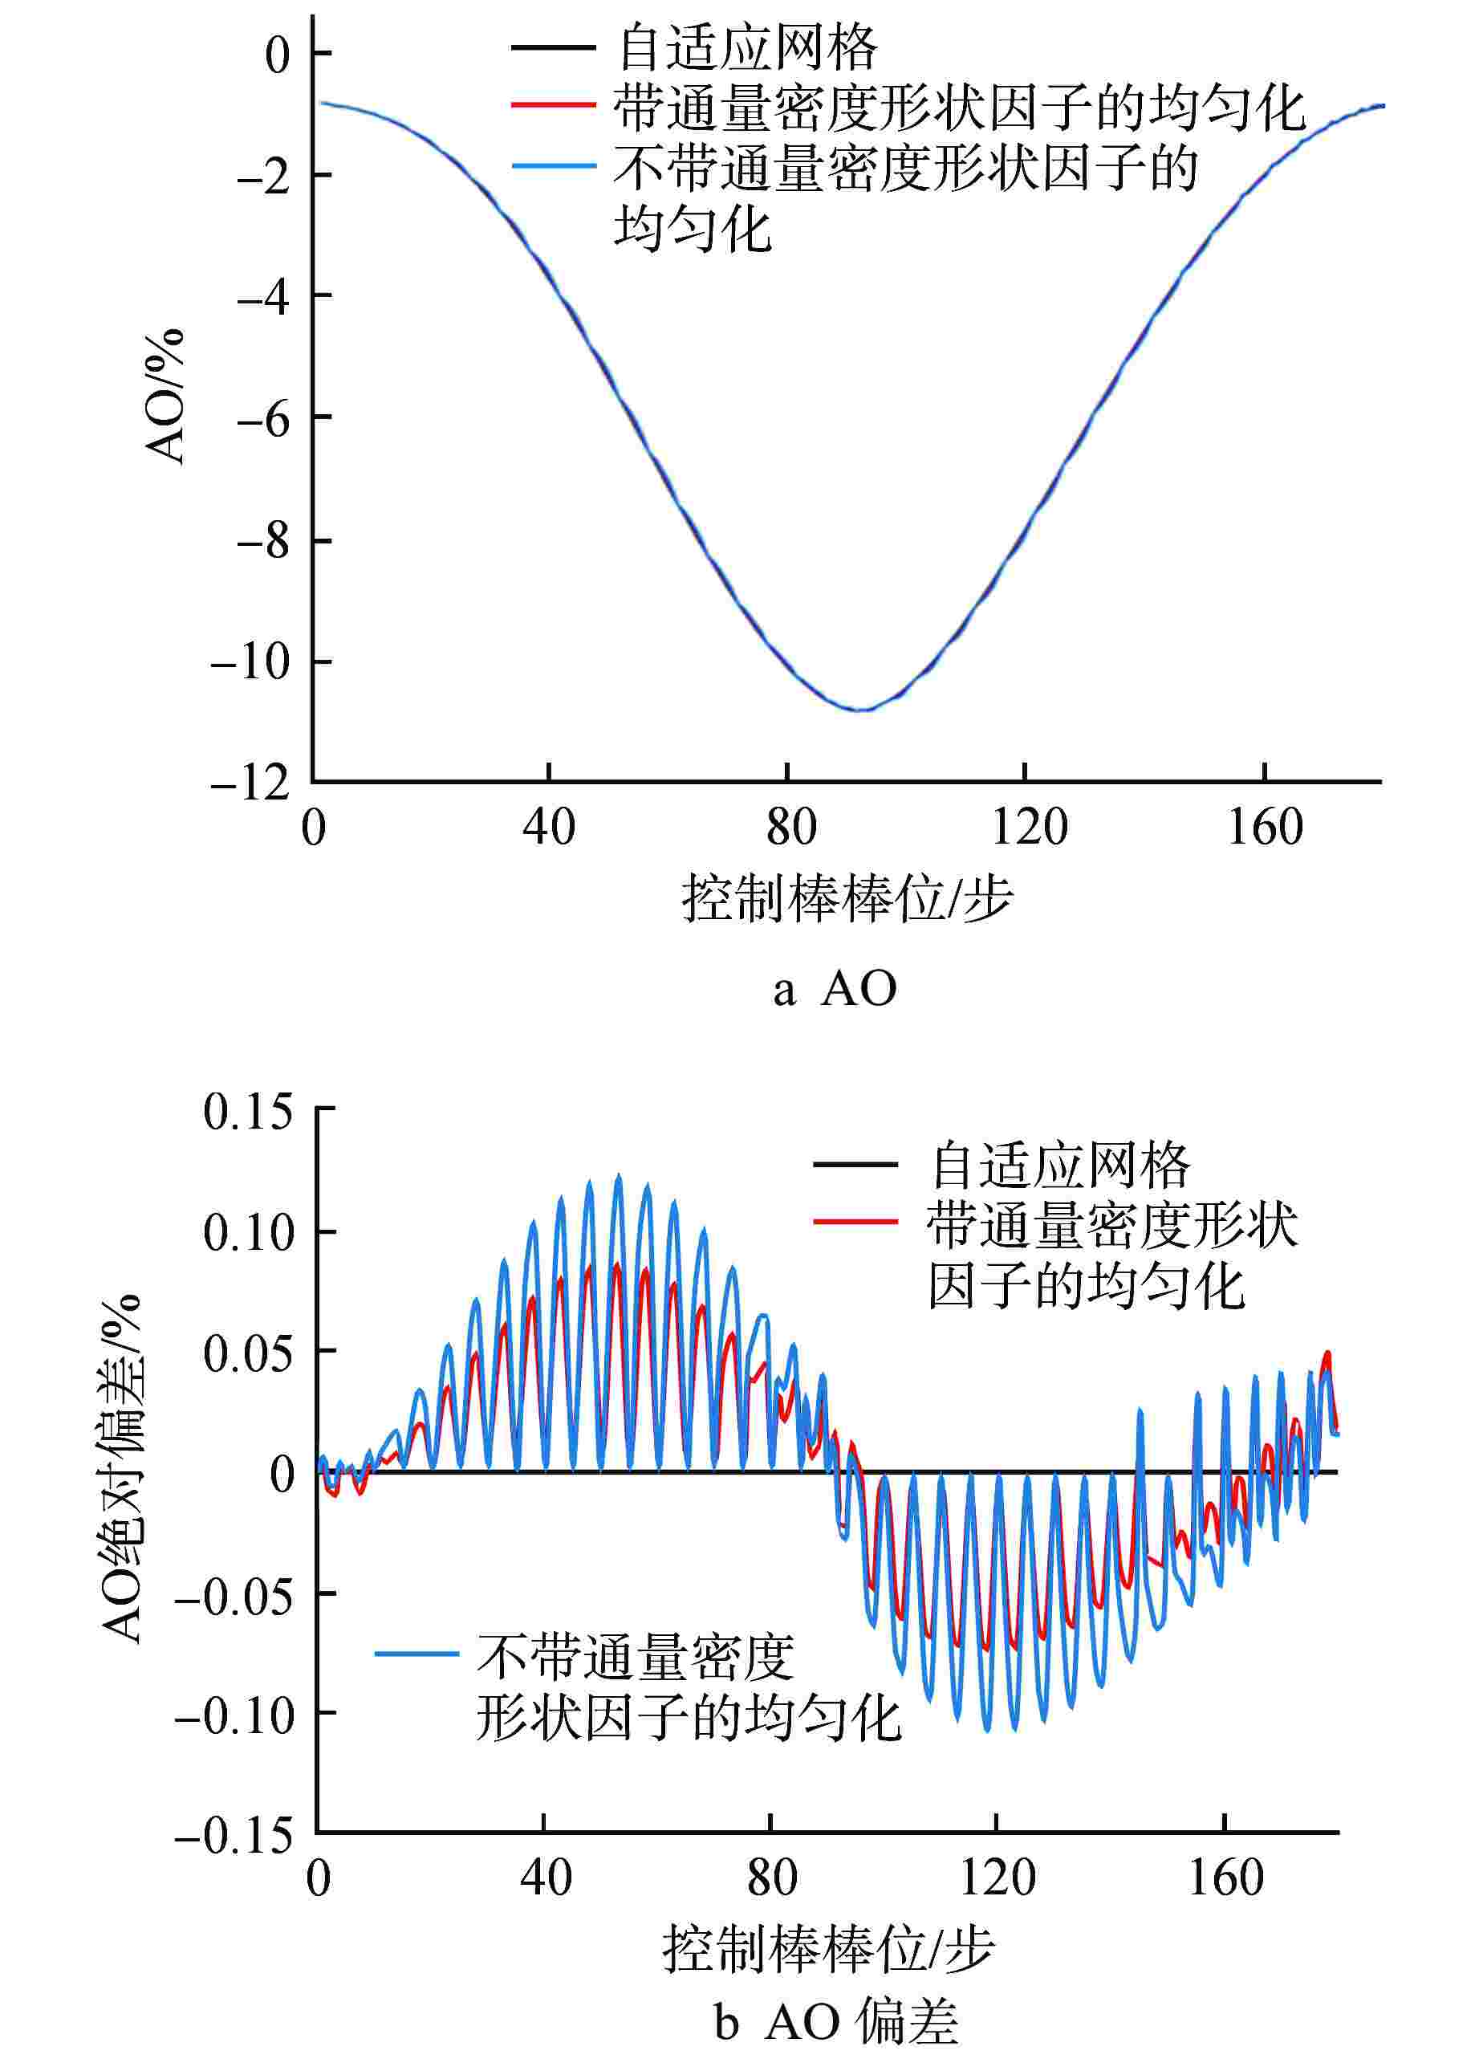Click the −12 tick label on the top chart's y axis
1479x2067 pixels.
250,783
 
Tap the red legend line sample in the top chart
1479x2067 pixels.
553,106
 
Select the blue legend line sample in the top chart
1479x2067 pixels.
553,166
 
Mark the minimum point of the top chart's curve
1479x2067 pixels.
858,709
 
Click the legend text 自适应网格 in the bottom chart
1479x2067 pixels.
1059,1165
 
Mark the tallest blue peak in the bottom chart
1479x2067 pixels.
620,1176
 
